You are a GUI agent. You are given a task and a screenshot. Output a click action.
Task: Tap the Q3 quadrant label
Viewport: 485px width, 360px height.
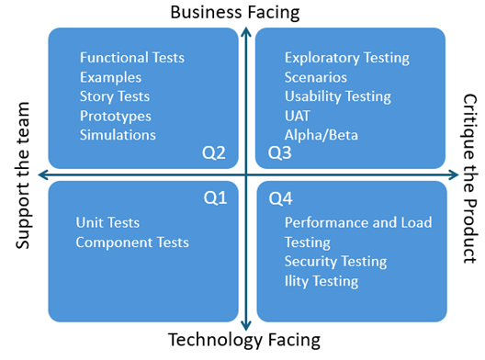tap(279, 152)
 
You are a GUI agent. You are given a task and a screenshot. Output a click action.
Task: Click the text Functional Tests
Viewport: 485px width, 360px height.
tap(132, 58)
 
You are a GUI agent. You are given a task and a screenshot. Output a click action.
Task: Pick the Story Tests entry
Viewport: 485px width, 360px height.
tap(115, 96)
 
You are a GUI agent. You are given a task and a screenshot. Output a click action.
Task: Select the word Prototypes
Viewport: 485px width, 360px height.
tap(116, 116)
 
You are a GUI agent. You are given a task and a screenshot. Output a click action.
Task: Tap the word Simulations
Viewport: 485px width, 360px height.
tap(118, 135)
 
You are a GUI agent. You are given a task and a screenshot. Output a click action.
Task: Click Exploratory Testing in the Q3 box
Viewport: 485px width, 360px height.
tap(347, 58)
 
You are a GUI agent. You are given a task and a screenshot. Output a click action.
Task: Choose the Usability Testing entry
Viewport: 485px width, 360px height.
tap(338, 96)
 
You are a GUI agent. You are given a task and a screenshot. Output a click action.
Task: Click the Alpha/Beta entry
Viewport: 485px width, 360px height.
tap(321, 135)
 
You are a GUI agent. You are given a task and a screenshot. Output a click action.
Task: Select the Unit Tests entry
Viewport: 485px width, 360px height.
tap(108, 223)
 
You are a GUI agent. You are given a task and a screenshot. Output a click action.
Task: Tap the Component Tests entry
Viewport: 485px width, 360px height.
tap(132, 242)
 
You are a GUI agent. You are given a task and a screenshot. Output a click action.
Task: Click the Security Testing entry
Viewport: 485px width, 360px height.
tap(335, 262)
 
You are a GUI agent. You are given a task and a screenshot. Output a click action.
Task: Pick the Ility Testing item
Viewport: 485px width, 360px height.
tap(321, 281)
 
